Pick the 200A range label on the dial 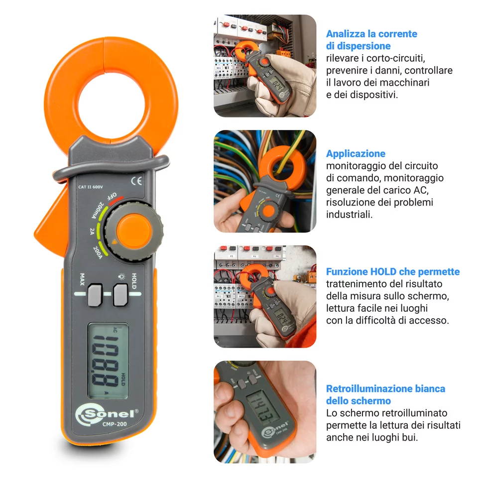[98, 252]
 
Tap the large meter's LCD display [108, 360]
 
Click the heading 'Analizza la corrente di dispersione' [371, 40]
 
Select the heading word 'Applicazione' [356, 153]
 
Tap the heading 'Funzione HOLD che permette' [392, 272]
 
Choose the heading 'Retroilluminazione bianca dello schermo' [385, 394]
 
